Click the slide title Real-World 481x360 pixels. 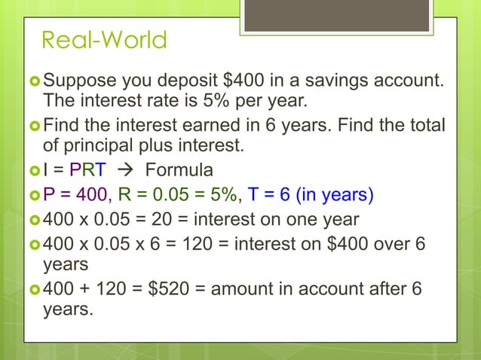(104, 39)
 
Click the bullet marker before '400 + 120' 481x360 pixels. (35, 289)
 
